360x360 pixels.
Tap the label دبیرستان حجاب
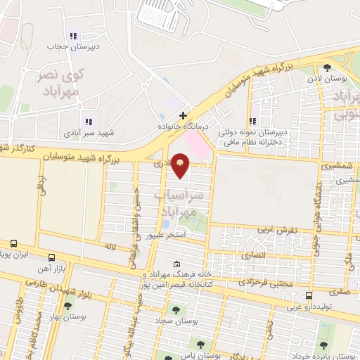(66, 46)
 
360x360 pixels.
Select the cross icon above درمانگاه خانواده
(184, 115)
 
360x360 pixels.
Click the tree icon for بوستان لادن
(328, 68)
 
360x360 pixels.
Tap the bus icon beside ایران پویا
(14, 243)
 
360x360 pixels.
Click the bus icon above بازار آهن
(51, 257)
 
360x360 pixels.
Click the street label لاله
(110, 247)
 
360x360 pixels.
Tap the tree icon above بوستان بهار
(67, 307)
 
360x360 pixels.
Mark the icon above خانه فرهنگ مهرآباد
(176, 264)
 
